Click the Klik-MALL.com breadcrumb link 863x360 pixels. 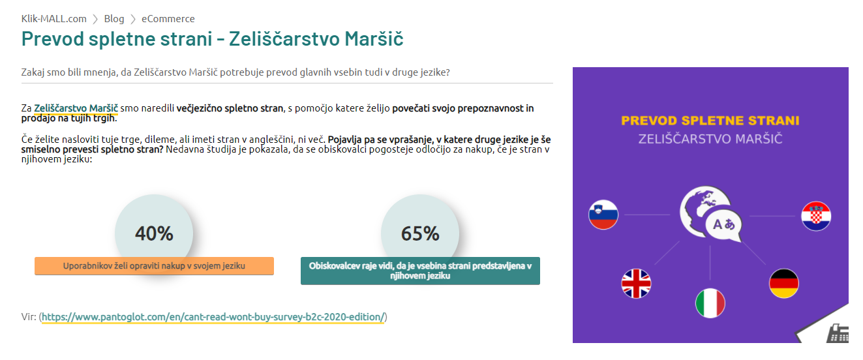[x=54, y=18]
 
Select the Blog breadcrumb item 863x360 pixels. [x=114, y=18]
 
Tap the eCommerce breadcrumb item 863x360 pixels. [x=168, y=18]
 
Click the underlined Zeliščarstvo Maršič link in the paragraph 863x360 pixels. [x=76, y=108]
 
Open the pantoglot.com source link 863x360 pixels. [x=213, y=317]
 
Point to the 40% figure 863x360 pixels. [x=154, y=233]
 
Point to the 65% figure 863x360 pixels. [x=420, y=233]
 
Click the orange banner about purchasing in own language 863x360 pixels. [x=154, y=266]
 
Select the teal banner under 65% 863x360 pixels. [x=420, y=271]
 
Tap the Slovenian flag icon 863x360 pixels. [x=603, y=215]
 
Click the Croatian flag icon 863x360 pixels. [x=816, y=216]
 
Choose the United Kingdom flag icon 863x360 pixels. [x=636, y=284]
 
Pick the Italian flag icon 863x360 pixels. [x=710, y=303]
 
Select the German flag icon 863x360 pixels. [x=784, y=284]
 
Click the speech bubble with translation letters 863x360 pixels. [x=724, y=225]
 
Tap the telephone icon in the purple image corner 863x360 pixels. [x=838, y=333]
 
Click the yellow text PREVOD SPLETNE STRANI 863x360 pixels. [x=710, y=121]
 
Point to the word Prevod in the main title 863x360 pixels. [x=52, y=38]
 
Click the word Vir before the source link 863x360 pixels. [x=29, y=317]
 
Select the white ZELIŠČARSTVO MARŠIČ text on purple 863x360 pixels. [x=710, y=139]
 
